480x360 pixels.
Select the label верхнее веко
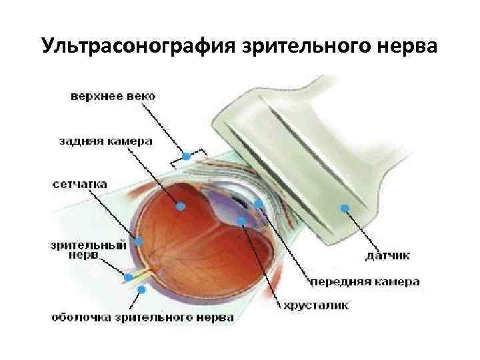(x=113, y=97)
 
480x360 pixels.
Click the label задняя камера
(x=105, y=141)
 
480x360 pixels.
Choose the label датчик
(x=388, y=255)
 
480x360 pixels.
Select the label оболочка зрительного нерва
(x=143, y=317)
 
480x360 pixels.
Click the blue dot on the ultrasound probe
(x=345, y=208)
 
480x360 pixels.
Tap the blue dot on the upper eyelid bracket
(x=187, y=157)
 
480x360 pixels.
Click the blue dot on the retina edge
(x=140, y=239)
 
